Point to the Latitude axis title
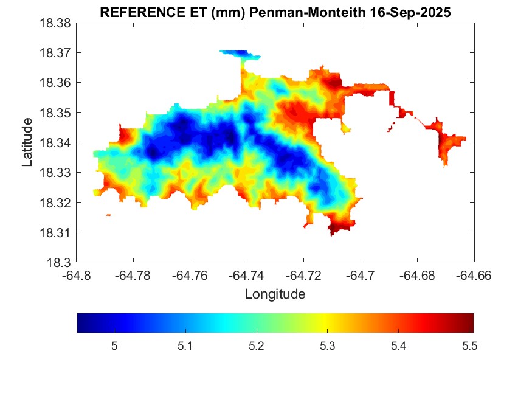point(27,142)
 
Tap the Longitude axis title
point(275,294)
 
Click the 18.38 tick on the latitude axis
point(55,23)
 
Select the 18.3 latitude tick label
point(60,263)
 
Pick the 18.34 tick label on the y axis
point(55,143)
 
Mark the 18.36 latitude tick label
point(55,83)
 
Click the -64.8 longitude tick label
point(77,275)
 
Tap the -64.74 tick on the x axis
point(247,275)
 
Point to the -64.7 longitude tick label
point(361,275)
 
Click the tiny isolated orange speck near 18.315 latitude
point(108,215)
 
